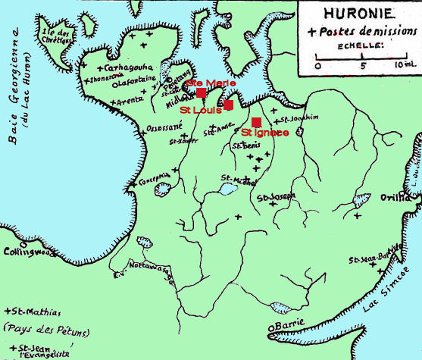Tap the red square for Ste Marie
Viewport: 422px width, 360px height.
pos(201,92)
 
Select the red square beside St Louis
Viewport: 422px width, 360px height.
pos(228,105)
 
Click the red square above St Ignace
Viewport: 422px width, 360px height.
pos(256,122)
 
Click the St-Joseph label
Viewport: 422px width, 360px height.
pos(276,198)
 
